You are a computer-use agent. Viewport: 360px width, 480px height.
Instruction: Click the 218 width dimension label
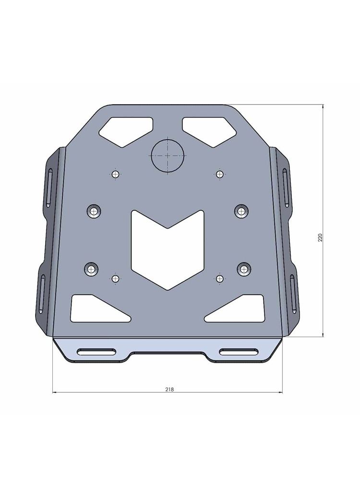click(x=169, y=389)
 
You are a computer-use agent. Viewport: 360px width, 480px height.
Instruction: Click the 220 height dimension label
click(x=320, y=237)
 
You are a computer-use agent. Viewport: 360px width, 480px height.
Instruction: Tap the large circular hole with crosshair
click(x=168, y=155)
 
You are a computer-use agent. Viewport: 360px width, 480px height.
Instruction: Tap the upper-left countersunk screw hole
click(x=94, y=211)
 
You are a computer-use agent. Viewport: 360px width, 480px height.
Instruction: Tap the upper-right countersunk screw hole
click(x=241, y=211)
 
